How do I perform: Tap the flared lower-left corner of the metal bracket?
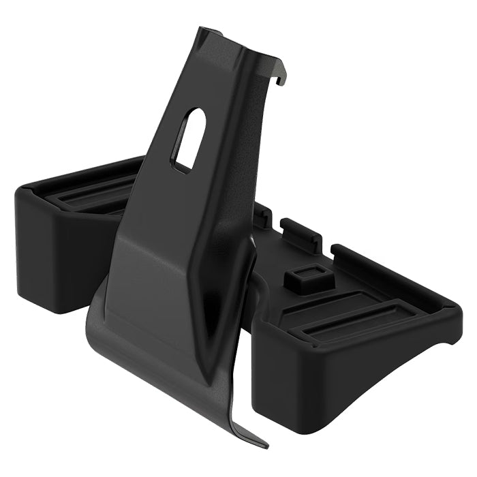pyautogui.click(x=95, y=320)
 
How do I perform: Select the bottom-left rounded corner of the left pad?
pyautogui.click(x=27, y=303)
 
